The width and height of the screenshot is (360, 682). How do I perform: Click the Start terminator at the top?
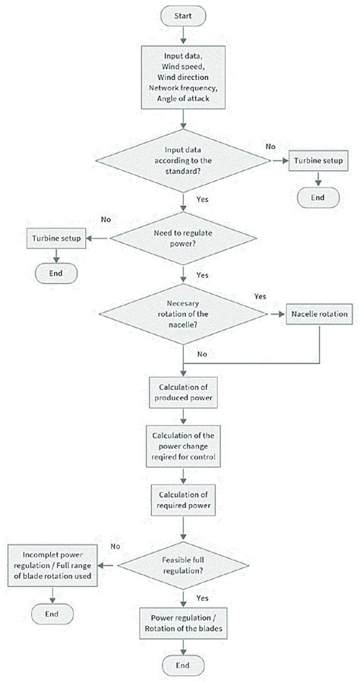pos(182,15)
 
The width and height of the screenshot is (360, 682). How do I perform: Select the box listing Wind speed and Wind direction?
pos(182,77)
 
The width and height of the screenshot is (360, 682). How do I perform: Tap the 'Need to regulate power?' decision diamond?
pos(182,238)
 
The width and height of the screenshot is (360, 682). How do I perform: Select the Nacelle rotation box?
pos(317,314)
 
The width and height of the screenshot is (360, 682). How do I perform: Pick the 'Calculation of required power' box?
pos(182,499)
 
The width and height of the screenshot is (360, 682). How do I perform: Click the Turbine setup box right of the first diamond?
pos(317,161)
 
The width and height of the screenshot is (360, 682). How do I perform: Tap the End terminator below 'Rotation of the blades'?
pos(182,666)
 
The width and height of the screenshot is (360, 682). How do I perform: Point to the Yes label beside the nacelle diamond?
pos(261,296)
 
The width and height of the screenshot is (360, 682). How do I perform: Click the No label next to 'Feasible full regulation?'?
pos(115,546)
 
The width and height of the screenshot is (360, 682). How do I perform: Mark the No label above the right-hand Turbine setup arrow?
pos(270,145)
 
